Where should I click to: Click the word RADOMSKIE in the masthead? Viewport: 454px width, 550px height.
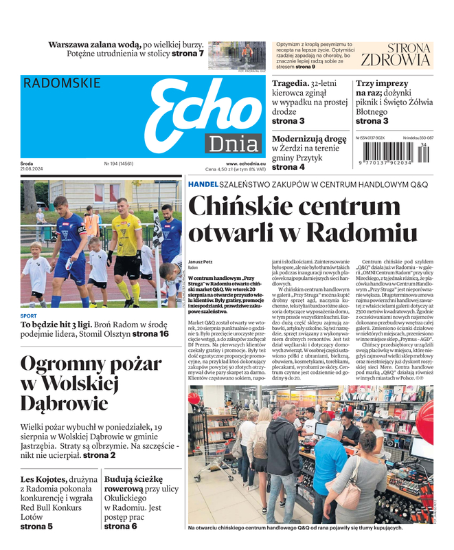[x=62, y=83]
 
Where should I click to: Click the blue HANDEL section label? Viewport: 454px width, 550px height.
[x=203, y=185]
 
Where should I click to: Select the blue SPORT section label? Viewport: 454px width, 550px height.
[x=29, y=316]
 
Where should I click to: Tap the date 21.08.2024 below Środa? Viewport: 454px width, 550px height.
[x=33, y=169]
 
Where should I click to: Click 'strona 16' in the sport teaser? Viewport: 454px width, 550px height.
[x=150, y=333]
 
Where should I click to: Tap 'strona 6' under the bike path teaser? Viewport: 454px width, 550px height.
[x=121, y=526]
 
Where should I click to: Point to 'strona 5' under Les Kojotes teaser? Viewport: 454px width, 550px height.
[x=36, y=526]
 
